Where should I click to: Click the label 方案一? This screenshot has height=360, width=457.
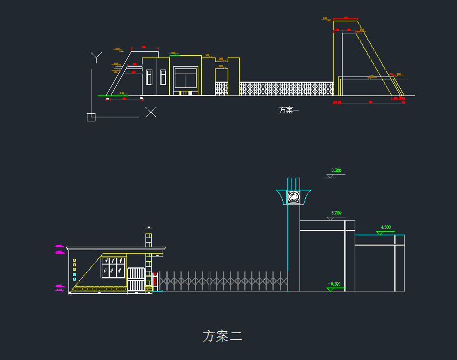point(289,110)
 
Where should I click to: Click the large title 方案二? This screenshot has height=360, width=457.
point(222,336)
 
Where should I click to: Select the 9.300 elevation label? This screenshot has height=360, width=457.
point(336,171)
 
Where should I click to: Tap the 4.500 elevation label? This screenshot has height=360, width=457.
point(386,228)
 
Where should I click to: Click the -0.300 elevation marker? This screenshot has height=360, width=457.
point(334,284)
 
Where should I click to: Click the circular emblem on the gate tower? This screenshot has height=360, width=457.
point(294,197)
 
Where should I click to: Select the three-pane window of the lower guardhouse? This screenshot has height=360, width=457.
point(113,267)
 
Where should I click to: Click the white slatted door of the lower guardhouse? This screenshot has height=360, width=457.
point(136,279)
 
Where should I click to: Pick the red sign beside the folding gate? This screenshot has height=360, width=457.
point(155,280)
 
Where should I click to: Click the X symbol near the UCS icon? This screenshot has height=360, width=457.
point(151,112)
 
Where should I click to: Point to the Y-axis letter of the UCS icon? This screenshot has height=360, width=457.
point(97,56)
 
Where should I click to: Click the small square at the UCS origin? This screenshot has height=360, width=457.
point(91,117)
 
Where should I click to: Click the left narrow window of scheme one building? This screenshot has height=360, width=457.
point(149,77)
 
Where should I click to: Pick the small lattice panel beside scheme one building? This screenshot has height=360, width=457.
point(222,89)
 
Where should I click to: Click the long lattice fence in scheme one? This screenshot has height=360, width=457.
point(286,89)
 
